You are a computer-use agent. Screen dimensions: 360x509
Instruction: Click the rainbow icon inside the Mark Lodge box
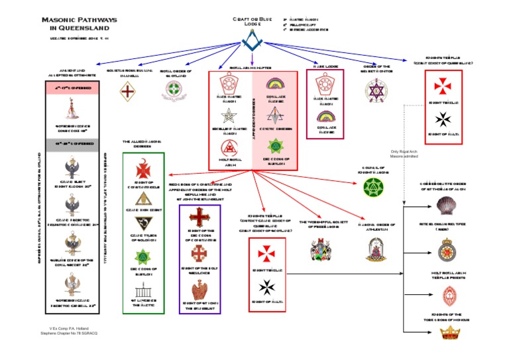325,118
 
